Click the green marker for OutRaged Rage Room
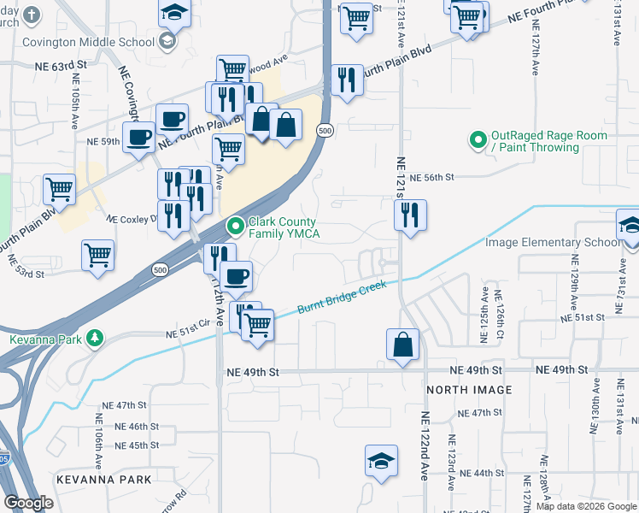pos(477,138)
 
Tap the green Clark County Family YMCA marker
pos(236,227)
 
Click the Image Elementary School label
pos(552,243)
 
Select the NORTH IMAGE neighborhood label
pos(469,390)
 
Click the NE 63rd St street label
pos(62,64)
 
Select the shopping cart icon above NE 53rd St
pos(98,255)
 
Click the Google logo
pos(28,504)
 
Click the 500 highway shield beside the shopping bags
pos(324,130)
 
